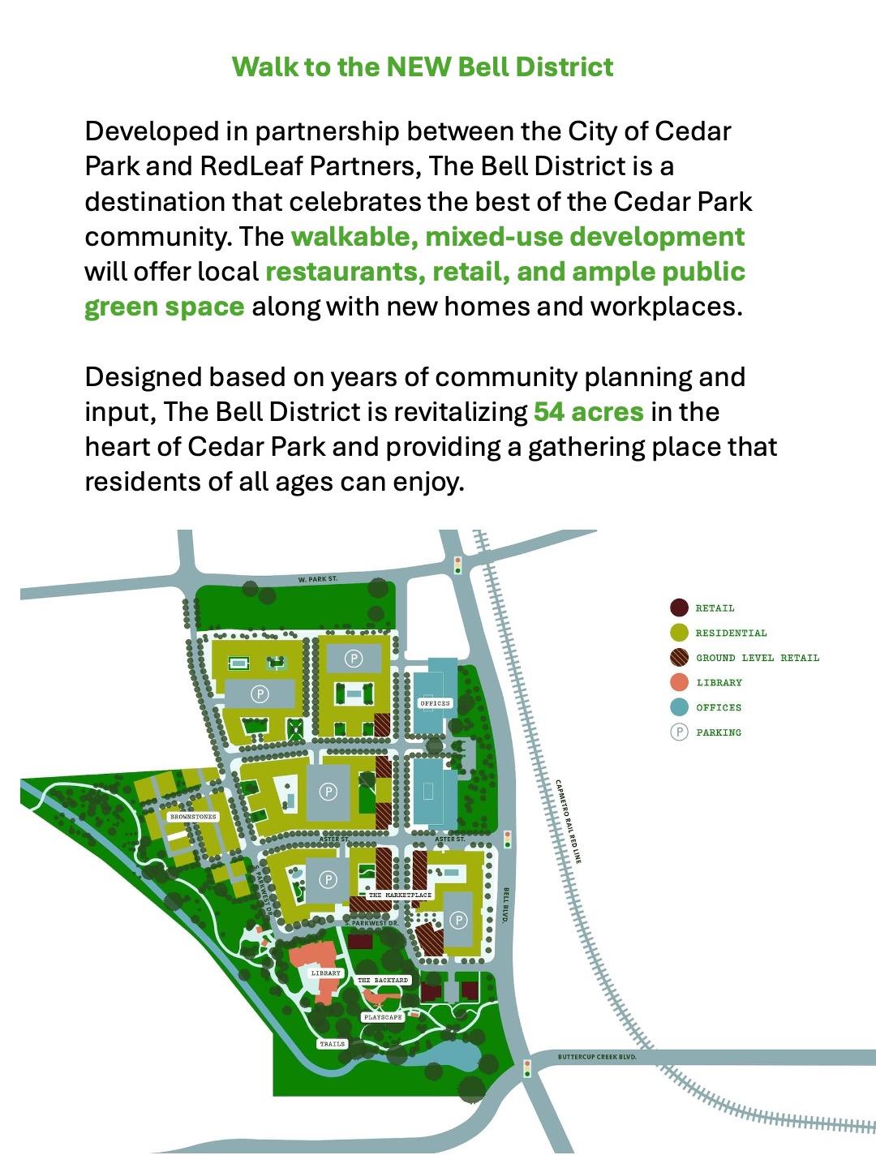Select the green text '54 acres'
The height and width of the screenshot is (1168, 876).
588,412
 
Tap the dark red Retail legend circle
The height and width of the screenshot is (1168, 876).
679,608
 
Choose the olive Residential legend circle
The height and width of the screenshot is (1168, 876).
679,633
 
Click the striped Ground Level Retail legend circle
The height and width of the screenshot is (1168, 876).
679,658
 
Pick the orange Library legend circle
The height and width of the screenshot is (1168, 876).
679,682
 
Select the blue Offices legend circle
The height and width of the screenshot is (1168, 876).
679,707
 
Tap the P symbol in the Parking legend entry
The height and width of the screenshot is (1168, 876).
679,732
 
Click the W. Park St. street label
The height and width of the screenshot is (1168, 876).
317,579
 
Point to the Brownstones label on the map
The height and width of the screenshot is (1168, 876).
193,817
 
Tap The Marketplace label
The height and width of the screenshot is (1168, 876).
400,895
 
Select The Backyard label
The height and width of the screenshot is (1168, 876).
383,981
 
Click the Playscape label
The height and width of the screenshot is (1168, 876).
382,1017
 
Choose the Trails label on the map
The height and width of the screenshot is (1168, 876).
332,1044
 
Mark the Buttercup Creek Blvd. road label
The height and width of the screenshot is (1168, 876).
597,1057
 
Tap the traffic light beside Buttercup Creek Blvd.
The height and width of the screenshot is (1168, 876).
527,1067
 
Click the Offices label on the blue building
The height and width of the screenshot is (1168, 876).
435,703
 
